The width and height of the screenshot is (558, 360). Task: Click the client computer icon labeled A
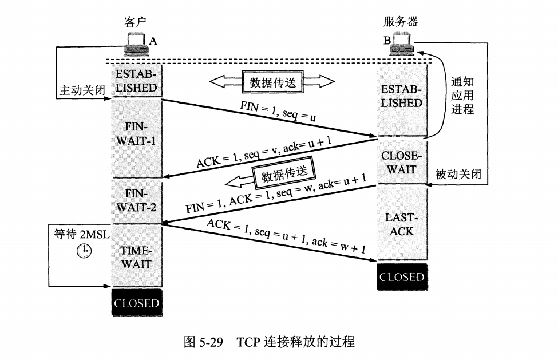click(136, 44)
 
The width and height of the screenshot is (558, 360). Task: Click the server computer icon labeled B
click(402, 44)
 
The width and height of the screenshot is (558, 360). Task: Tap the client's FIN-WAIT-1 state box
click(137, 138)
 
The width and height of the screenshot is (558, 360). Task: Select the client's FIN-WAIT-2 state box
click(137, 201)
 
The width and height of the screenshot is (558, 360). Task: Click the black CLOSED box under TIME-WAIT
click(137, 303)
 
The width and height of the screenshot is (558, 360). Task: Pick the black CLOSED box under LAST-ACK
click(402, 277)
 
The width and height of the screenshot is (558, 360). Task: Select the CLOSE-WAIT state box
click(402, 162)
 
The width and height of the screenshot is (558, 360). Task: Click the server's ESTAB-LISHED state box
click(402, 100)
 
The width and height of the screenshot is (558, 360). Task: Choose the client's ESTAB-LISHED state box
click(137, 80)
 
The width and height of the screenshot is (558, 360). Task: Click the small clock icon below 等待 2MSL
click(84, 251)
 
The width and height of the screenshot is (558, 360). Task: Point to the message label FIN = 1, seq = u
click(278, 111)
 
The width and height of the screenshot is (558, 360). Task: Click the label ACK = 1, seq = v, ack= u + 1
click(264, 152)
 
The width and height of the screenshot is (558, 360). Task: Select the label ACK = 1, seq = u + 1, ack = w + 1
click(286, 236)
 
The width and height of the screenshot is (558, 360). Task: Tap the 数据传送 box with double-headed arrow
click(272, 82)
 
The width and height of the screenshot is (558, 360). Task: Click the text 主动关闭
click(82, 90)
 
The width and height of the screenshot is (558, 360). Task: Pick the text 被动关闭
click(458, 174)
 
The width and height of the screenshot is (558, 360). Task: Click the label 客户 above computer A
click(135, 22)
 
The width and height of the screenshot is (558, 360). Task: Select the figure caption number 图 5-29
click(203, 342)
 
